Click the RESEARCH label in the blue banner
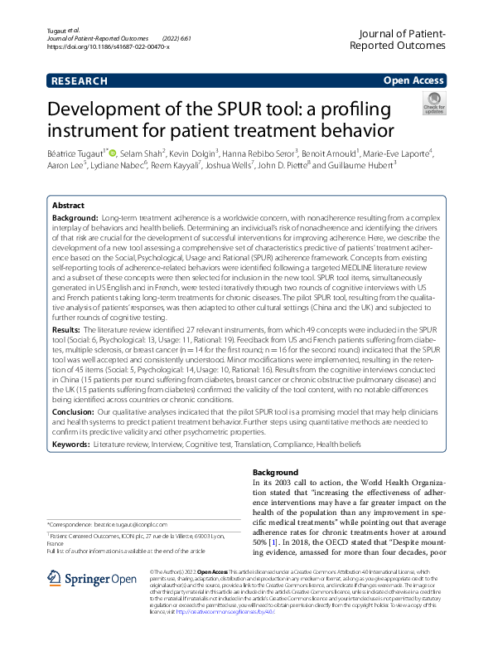point(79,80)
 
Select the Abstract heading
point(68,204)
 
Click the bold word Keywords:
point(71,445)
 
